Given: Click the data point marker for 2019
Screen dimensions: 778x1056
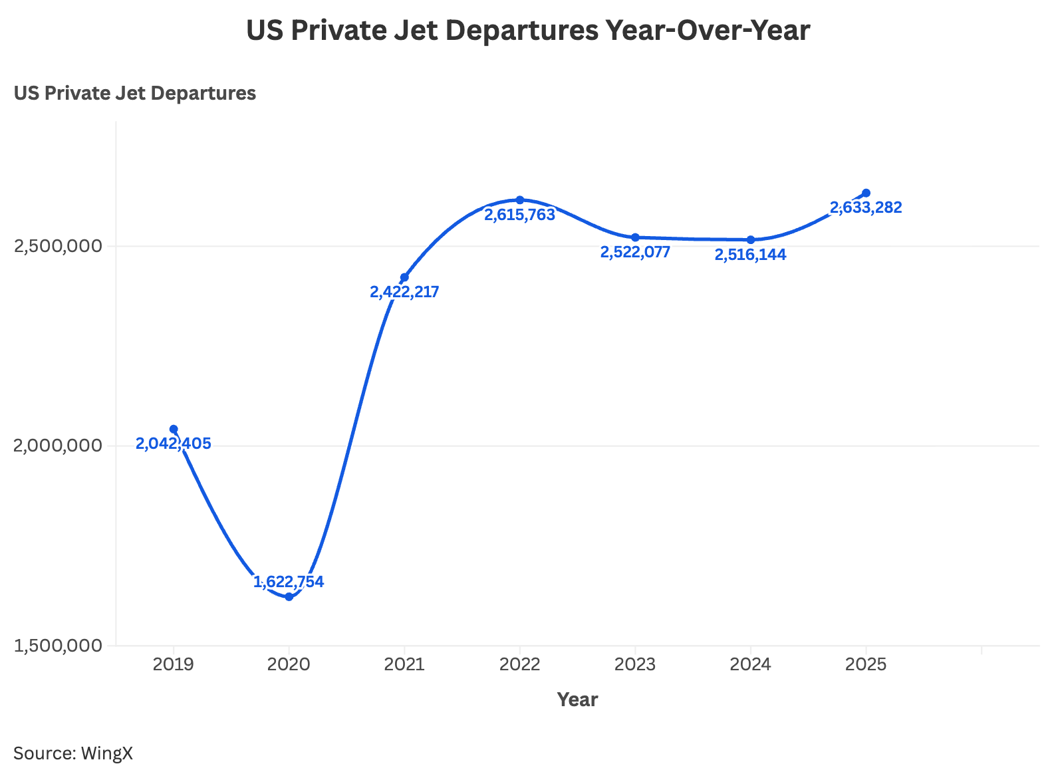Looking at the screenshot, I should tap(174, 429).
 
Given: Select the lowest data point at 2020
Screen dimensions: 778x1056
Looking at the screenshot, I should tap(289, 596).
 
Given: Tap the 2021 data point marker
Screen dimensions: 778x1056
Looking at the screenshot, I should tap(404, 277).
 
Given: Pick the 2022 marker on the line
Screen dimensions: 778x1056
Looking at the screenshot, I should tap(520, 199).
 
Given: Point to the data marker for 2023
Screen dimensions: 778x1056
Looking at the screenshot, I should tap(635, 237).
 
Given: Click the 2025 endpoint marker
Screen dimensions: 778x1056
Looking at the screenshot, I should tap(866, 193).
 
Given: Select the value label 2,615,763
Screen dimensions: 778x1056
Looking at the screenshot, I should tap(519, 215).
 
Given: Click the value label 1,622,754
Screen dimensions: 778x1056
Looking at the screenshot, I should tap(289, 582).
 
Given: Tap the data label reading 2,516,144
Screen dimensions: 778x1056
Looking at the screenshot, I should tap(750, 255).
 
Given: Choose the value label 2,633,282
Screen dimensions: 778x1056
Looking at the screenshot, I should tap(866, 207).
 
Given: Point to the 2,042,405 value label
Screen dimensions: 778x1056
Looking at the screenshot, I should tap(174, 444).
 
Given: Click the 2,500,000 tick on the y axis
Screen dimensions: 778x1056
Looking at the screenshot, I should tap(59, 247).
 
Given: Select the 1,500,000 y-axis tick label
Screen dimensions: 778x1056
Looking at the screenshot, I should tap(59, 646).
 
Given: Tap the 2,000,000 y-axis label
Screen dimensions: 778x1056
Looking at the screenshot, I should tap(59, 446).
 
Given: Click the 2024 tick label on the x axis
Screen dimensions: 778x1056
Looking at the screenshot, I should tap(750, 664).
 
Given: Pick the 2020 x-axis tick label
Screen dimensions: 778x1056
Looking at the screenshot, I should tap(289, 664).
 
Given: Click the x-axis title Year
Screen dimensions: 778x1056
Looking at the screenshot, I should tap(577, 700).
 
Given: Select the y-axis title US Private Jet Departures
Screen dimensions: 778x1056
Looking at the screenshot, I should tap(135, 93).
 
